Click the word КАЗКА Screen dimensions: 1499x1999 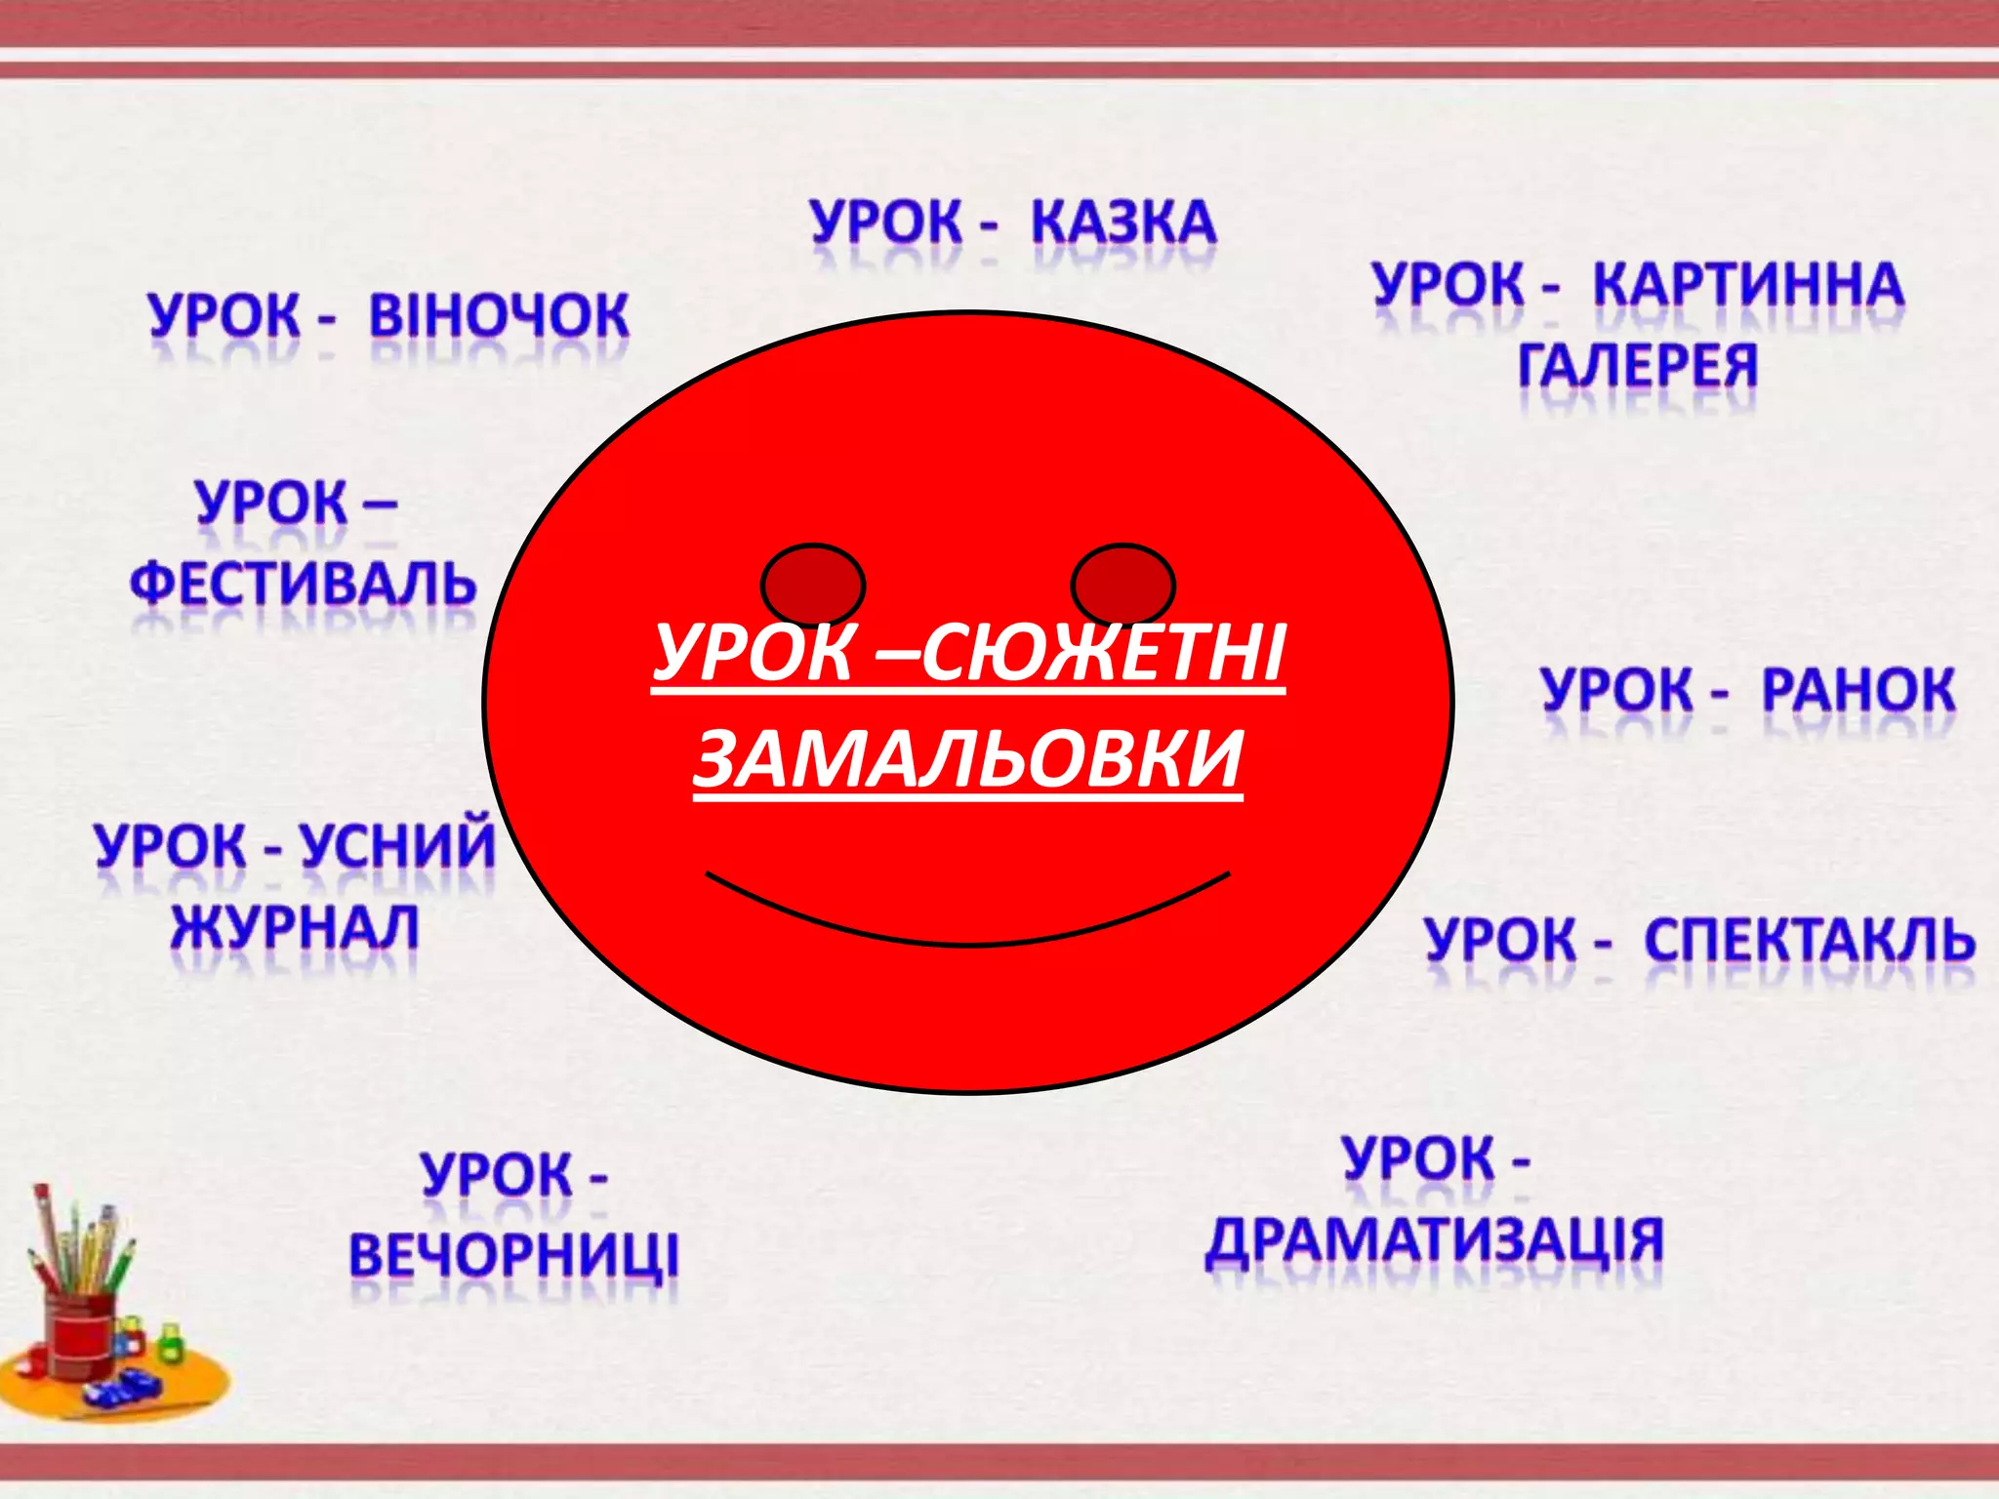1123,223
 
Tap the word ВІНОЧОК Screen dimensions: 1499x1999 499,316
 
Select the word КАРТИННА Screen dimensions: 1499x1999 1748,285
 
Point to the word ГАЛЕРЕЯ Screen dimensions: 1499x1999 1638,366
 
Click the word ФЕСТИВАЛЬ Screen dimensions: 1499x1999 303,584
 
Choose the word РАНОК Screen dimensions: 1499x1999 1858,691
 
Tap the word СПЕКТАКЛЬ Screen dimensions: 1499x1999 1810,941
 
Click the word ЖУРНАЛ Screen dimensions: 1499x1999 295,927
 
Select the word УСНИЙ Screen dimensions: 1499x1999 397,845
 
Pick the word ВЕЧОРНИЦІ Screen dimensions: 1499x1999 513,1255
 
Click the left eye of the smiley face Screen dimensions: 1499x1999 813,586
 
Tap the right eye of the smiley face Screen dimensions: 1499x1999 1122,586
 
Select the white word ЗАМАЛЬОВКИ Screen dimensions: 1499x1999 967,759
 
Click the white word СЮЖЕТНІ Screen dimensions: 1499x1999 1103,654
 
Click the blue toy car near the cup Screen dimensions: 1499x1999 122,1387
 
